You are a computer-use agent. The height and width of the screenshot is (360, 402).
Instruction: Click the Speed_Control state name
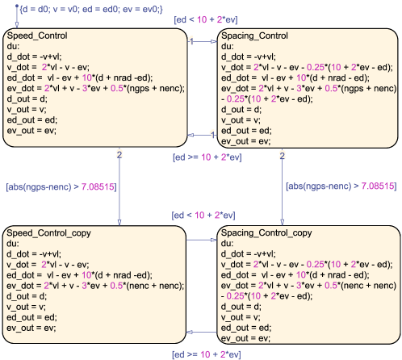point(37,36)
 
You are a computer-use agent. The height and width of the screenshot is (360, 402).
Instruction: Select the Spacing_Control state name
point(254,36)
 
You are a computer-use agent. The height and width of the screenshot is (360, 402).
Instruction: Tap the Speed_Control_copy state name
point(48,233)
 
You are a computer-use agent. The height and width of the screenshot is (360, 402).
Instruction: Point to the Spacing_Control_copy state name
point(266,232)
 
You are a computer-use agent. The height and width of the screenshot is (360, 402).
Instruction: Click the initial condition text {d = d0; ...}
point(91,10)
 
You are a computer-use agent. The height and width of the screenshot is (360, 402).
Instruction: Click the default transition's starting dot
point(17,6)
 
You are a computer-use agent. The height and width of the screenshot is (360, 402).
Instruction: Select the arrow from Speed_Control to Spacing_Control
point(202,41)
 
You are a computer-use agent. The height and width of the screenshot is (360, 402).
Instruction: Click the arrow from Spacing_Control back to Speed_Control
point(202,135)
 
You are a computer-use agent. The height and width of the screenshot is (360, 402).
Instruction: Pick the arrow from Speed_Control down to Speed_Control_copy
point(119,186)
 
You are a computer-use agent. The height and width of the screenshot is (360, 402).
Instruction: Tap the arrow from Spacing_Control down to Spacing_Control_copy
point(282,186)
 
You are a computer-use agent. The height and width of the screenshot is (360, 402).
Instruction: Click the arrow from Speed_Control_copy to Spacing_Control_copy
point(202,240)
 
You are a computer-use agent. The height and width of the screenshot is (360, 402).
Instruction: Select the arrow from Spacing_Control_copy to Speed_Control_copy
point(202,332)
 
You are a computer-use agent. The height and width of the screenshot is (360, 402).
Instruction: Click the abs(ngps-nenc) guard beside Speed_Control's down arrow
point(61,186)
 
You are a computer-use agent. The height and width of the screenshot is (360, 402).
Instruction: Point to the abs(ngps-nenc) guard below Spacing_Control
point(341,186)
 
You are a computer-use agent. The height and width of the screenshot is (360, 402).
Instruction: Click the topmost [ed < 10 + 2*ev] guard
point(206,19)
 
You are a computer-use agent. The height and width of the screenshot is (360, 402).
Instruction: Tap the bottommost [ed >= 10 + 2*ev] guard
point(207,354)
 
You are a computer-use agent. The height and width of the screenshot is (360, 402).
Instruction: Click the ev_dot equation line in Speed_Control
point(96,88)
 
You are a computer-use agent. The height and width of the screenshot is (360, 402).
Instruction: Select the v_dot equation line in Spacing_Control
point(307,67)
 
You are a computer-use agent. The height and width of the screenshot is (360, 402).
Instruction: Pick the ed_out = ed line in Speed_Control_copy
point(31,317)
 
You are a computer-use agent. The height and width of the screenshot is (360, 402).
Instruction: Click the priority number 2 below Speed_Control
point(119,155)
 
